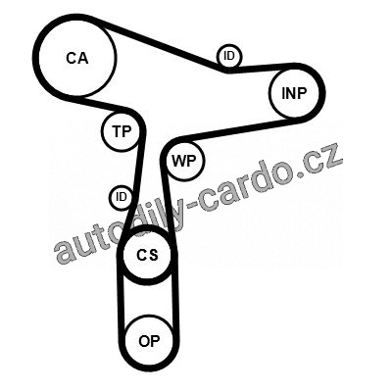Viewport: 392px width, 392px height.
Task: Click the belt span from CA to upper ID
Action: pos(159,42)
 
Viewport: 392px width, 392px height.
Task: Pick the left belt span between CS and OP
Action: pos(121,301)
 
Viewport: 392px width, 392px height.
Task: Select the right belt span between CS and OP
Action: pos(175,301)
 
